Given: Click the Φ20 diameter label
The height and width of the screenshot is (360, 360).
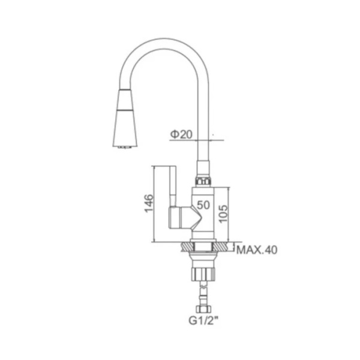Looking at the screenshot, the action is pyautogui.click(x=181, y=134).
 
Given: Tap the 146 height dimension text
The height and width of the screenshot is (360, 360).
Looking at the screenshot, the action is pyautogui.click(x=149, y=203).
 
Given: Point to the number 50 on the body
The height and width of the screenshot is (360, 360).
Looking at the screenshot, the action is pyautogui.click(x=203, y=205).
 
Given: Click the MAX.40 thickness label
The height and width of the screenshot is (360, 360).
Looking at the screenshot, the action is pyautogui.click(x=257, y=250).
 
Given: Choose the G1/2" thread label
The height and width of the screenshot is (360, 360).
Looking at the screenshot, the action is pyautogui.click(x=203, y=320).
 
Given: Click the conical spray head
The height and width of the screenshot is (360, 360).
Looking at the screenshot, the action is pyautogui.click(x=125, y=118).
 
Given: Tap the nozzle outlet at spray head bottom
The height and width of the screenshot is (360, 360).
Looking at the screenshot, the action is pyautogui.click(x=125, y=147).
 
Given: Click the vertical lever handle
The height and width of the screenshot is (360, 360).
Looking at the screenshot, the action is pyautogui.click(x=172, y=186).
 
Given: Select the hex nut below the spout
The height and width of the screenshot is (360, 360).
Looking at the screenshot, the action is pyautogui.click(x=203, y=181).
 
